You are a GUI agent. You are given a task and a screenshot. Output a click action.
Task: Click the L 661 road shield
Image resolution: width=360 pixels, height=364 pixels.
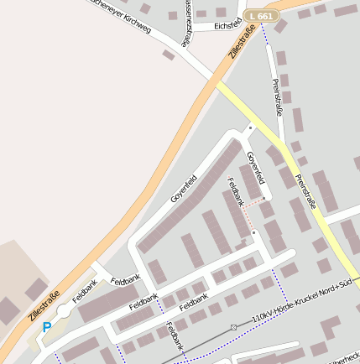[x=261, y=16]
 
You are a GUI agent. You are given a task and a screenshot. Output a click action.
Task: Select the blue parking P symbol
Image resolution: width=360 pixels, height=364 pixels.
[x=47, y=327]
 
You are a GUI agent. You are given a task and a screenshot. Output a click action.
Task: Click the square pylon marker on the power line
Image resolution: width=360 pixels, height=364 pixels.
[x=233, y=327]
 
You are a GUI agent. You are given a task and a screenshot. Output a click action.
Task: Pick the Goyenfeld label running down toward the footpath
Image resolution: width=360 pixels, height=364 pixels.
[x=255, y=168]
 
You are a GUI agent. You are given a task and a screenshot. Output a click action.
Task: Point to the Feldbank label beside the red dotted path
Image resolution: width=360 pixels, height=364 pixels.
[x=235, y=191]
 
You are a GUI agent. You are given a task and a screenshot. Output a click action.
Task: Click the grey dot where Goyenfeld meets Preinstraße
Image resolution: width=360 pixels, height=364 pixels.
[x=250, y=128]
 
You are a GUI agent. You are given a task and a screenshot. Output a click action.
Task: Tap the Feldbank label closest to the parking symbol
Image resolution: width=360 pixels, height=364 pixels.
[x=85, y=290]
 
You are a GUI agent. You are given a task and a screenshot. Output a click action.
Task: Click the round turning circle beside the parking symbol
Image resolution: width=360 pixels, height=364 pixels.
[x=64, y=312]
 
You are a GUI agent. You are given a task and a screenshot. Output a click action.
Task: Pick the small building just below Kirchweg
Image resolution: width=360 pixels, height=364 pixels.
[x=169, y=55]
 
